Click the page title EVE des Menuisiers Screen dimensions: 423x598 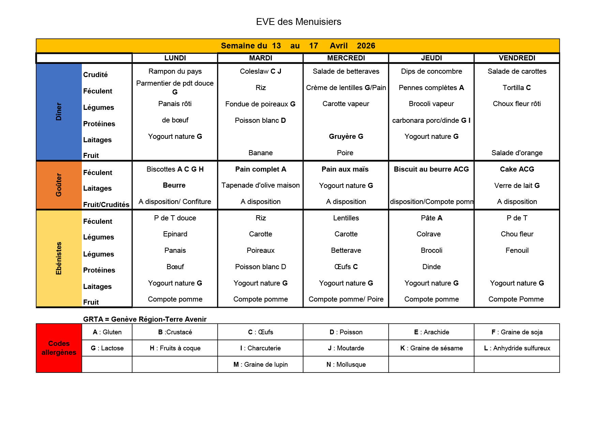[298, 22]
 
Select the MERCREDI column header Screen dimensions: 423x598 [346, 58]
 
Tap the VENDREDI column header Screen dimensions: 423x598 [517, 58]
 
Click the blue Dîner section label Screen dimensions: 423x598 [59, 112]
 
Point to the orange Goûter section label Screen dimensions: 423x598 [59, 185]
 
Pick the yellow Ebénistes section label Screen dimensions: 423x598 [59, 258]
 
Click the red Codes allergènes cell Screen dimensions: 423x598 [59, 348]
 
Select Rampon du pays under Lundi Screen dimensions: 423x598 [175, 71]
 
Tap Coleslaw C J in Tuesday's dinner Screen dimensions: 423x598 [260, 71]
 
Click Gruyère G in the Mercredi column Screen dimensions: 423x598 [346, 136]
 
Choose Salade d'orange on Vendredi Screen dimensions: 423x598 [517, 153]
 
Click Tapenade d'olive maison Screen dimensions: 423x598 [260, 185]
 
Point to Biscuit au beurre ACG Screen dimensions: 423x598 [431, 169]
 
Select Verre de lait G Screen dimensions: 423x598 [517, 186]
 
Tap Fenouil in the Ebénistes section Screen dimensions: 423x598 [517, 250]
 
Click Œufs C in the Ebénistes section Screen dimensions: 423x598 [346, 267]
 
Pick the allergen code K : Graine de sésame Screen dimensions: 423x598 [431, 348]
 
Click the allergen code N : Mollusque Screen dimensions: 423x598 [346, 365]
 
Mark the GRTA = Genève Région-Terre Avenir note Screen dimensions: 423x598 [145, 319]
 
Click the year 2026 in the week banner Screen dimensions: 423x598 [366, 46]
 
